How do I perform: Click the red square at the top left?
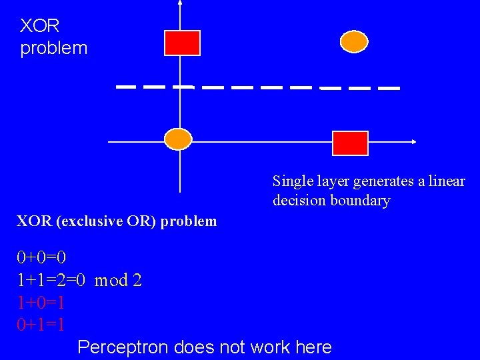tap(182, 43)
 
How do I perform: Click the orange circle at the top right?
tap(354, 42)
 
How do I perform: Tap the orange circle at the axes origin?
tap(178, 139)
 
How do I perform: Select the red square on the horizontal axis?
tap(350, 143)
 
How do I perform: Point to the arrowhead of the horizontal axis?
tap(413, 141)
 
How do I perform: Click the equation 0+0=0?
tap(41, 257)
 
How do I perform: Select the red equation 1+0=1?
tap(41, 303)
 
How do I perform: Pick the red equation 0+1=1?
tap(41, 325)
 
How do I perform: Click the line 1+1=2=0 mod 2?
tap(79, 280)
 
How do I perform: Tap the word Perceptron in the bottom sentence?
tap(123, 347)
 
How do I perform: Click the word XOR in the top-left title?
tap(40, 26)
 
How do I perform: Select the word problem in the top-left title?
tap(53, 48)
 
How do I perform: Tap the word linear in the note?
tap(448, 181)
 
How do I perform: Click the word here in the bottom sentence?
tap(313, 347)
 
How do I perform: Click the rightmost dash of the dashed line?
tap(389, 88)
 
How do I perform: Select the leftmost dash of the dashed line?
tap(126, 87)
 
